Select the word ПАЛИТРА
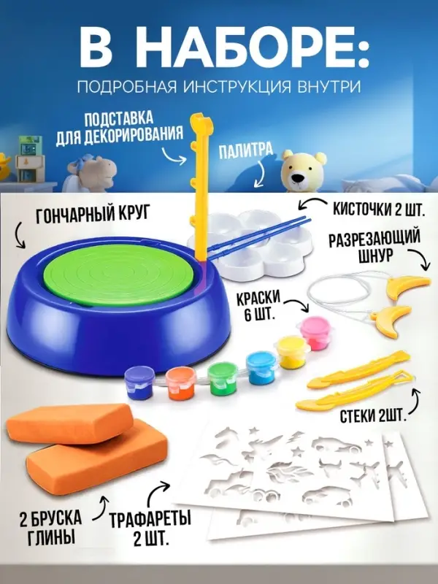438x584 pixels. pyautogui.click(x=245, y=152)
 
